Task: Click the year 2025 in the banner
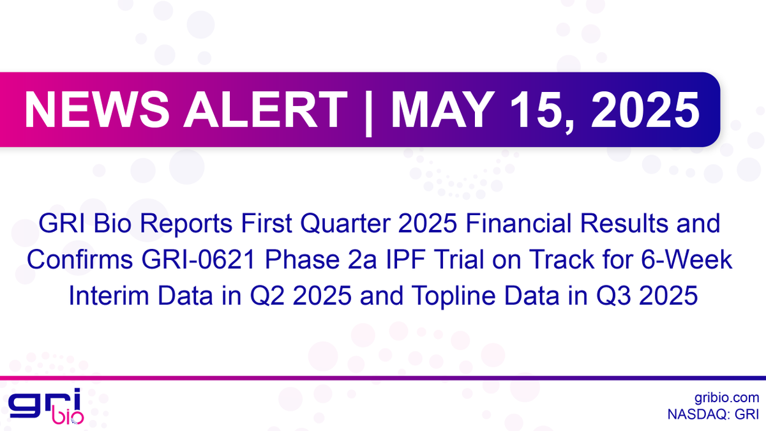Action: (638, 110)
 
